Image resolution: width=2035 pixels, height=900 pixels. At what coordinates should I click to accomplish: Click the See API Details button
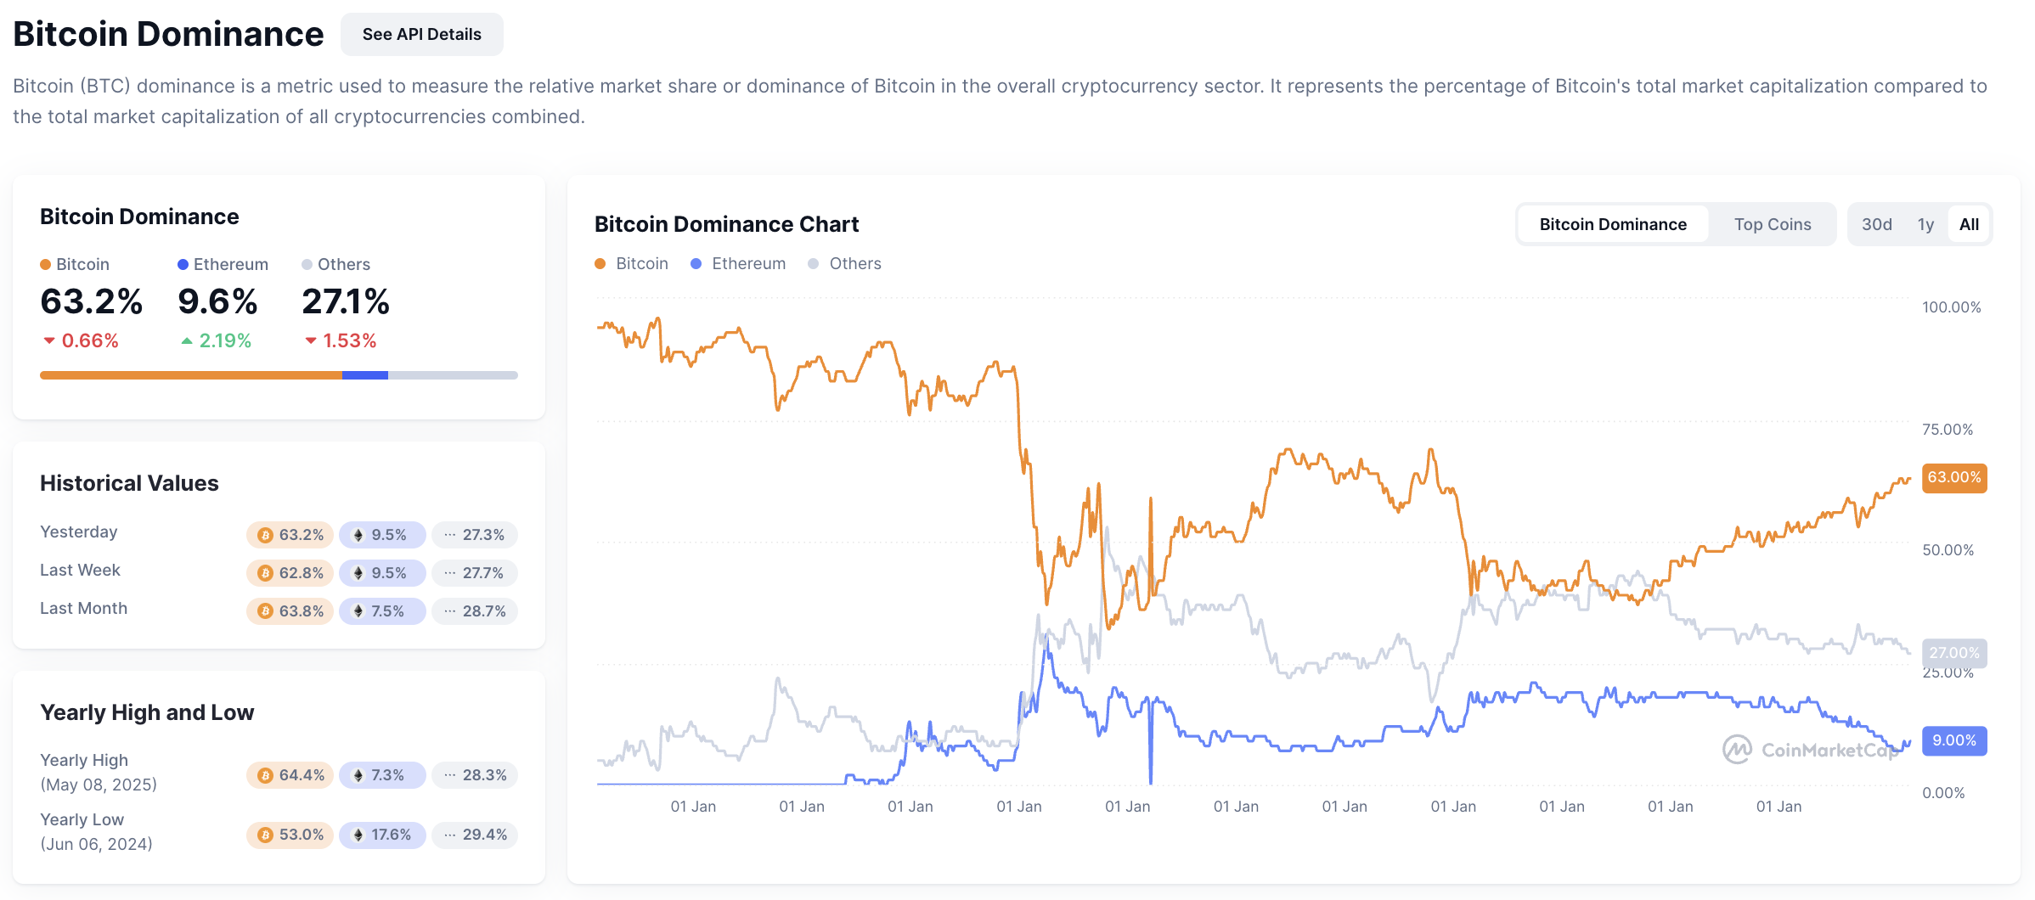(421, 34)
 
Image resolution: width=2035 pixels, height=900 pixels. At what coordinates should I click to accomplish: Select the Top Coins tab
(1772, 224)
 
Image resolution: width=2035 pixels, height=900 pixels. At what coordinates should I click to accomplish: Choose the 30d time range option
(1876, 224)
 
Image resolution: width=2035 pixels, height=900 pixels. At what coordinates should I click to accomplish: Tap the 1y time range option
(1925, 224)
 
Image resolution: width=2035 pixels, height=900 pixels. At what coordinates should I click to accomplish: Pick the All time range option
(1968, 224)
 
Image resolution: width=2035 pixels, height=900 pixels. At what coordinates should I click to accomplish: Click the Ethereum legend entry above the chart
(738, 263)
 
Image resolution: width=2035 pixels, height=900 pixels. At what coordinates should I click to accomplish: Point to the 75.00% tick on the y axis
(1947, 430)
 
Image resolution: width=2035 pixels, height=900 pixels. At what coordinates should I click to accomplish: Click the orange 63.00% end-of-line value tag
(1953, 477)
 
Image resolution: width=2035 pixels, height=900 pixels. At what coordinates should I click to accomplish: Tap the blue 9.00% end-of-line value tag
(1953, 740)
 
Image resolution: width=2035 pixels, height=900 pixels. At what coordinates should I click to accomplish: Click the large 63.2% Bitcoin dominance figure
(91, 301)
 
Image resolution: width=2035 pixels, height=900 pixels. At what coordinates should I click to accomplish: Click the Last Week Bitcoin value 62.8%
(290, 573)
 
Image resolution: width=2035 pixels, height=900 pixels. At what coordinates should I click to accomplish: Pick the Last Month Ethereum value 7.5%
(381, 611)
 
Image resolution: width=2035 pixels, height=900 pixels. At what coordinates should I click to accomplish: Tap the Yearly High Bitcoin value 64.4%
(290, 775)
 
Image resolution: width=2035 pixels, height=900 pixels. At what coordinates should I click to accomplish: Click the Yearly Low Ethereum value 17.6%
(381, 835)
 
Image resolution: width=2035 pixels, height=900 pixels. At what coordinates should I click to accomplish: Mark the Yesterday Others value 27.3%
(474, 535)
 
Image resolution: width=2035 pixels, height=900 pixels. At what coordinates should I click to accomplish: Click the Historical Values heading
(129, 483)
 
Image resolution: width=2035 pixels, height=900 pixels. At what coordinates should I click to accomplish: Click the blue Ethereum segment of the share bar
(365, 375)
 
